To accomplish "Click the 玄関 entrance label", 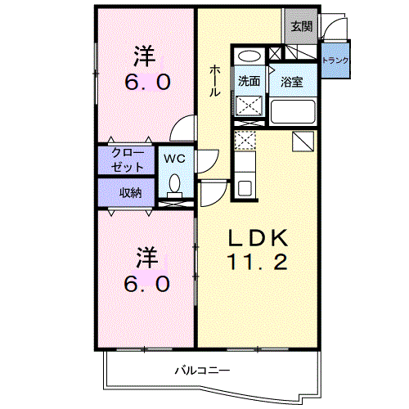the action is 301,27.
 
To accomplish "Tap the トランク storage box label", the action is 335,60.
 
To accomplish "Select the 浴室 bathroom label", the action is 292,82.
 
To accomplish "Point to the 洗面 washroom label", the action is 249,81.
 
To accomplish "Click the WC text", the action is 174,159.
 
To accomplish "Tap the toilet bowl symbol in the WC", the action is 174,186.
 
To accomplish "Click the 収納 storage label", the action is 131,193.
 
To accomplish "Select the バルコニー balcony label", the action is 202,371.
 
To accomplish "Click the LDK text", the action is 258,238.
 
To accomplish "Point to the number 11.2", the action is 258,262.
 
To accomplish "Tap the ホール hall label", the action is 215,81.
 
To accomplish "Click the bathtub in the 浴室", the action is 293,112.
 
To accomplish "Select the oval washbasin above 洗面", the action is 249,56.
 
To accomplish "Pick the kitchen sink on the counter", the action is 245,188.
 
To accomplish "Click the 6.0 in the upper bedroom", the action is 148,82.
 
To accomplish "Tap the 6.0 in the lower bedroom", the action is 147,284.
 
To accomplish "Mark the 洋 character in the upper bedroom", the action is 145,56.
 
